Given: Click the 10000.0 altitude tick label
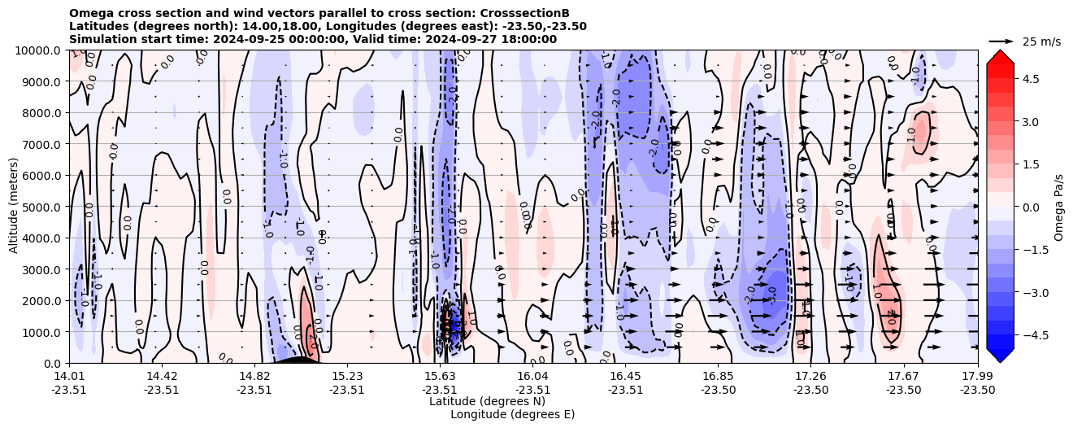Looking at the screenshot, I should [39, 50].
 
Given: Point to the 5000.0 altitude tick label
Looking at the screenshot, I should [42, 207].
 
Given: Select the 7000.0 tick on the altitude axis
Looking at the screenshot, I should [42, 144].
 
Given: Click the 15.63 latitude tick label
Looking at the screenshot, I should [440, 376].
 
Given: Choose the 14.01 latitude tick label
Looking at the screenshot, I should [69, 376].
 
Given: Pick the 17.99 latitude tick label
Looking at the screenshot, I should [977, 376].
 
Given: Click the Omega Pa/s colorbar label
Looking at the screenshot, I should [1059, 207].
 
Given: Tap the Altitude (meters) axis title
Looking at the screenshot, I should [14, 206].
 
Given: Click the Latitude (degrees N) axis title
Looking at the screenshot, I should [487, 401].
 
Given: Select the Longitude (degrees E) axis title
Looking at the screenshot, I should [512, 414].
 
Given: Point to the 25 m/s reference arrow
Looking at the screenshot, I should [1001, 41].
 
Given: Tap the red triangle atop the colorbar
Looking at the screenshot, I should [1000, 55].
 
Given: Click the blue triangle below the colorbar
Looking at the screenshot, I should [1000, 356].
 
